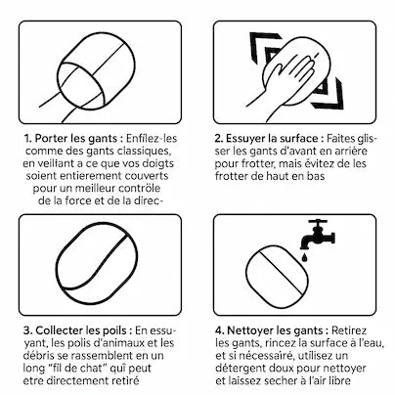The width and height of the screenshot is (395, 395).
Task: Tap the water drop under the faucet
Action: coord(304,257)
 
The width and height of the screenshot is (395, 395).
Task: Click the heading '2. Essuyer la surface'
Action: coord(266,139)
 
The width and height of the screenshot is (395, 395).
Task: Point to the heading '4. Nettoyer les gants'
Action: coord(269,330)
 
